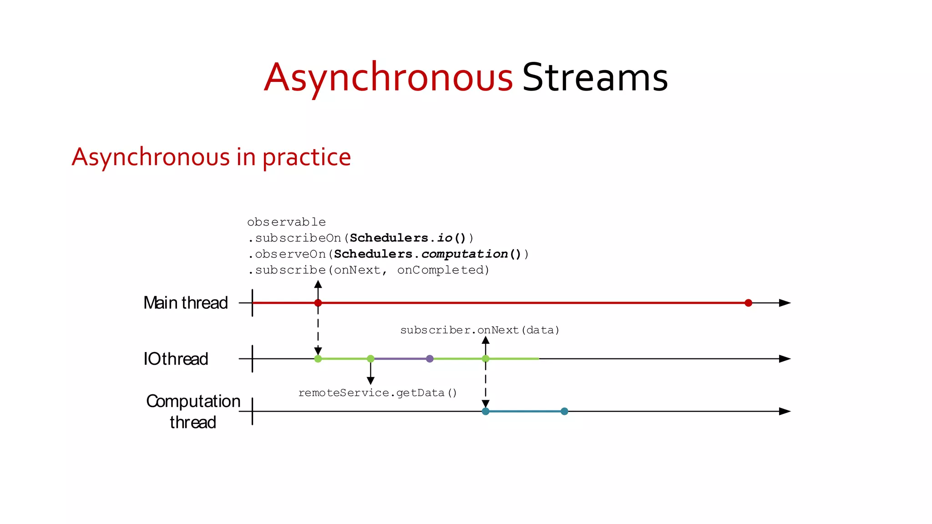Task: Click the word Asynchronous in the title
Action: pos(388,78)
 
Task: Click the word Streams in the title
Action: pos(595,78)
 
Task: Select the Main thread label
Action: pos(185,303)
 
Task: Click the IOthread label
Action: pos(176,359)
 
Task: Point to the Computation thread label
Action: pos(193,411)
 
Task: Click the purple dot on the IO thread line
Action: pos(430,359)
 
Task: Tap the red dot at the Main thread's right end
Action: pos(748,303)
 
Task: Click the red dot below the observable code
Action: pos(318,303)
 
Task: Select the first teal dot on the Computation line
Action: pos(486,411)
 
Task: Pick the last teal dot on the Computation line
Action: pos(564,411)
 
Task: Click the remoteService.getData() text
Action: pos(377,393)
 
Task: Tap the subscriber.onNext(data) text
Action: pos(480,330)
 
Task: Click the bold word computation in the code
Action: pos(464,254)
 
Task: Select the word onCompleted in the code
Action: pos(443,270)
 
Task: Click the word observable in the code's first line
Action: pos(286,222)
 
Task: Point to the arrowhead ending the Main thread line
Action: pos(785,303)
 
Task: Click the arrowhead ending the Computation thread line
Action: pos(785,411)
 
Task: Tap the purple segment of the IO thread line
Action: pos(400,359)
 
